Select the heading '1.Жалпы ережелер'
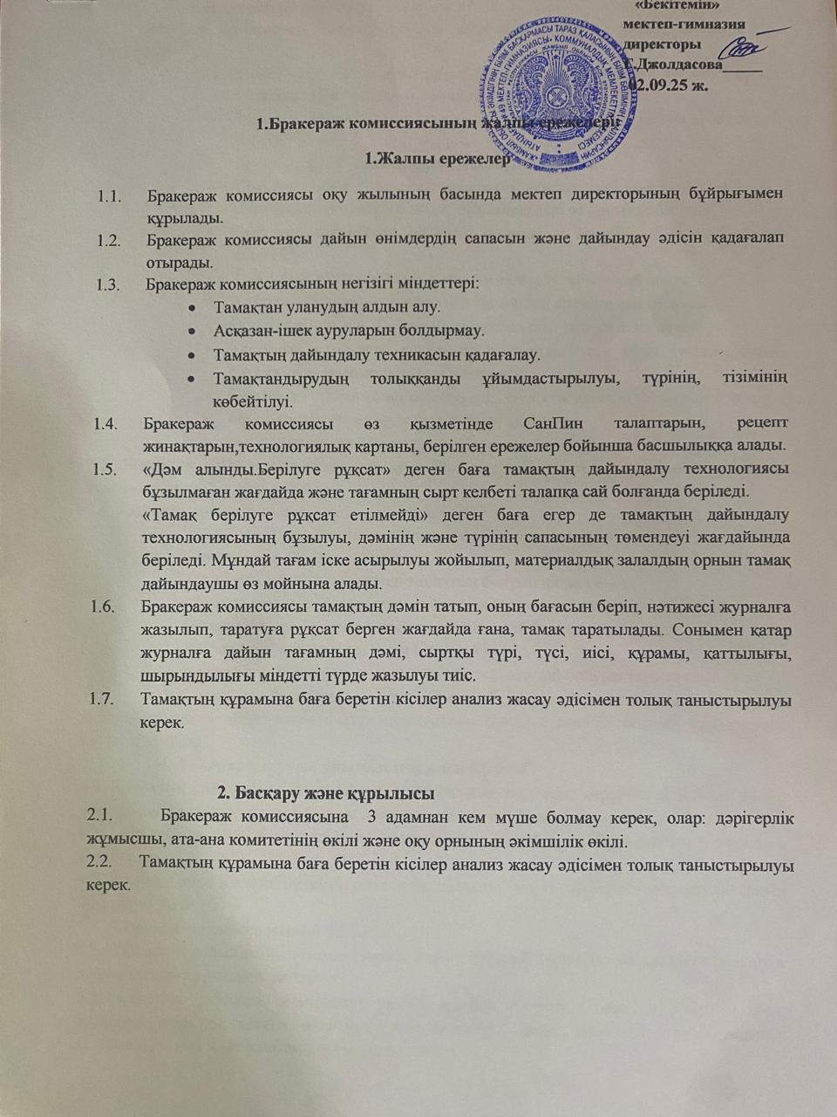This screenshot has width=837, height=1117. (x=436, y=159)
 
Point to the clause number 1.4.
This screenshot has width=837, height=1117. (x=106, y=425)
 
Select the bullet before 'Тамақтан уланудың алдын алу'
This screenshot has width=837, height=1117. (x=191, y=308)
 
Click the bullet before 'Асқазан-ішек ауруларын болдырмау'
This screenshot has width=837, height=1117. (x=191, y=332)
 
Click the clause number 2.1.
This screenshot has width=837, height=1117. (x=100, y=819)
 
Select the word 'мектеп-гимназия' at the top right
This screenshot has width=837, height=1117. (x=684, y=25)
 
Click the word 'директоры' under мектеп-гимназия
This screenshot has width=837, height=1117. (x=662, y=45)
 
